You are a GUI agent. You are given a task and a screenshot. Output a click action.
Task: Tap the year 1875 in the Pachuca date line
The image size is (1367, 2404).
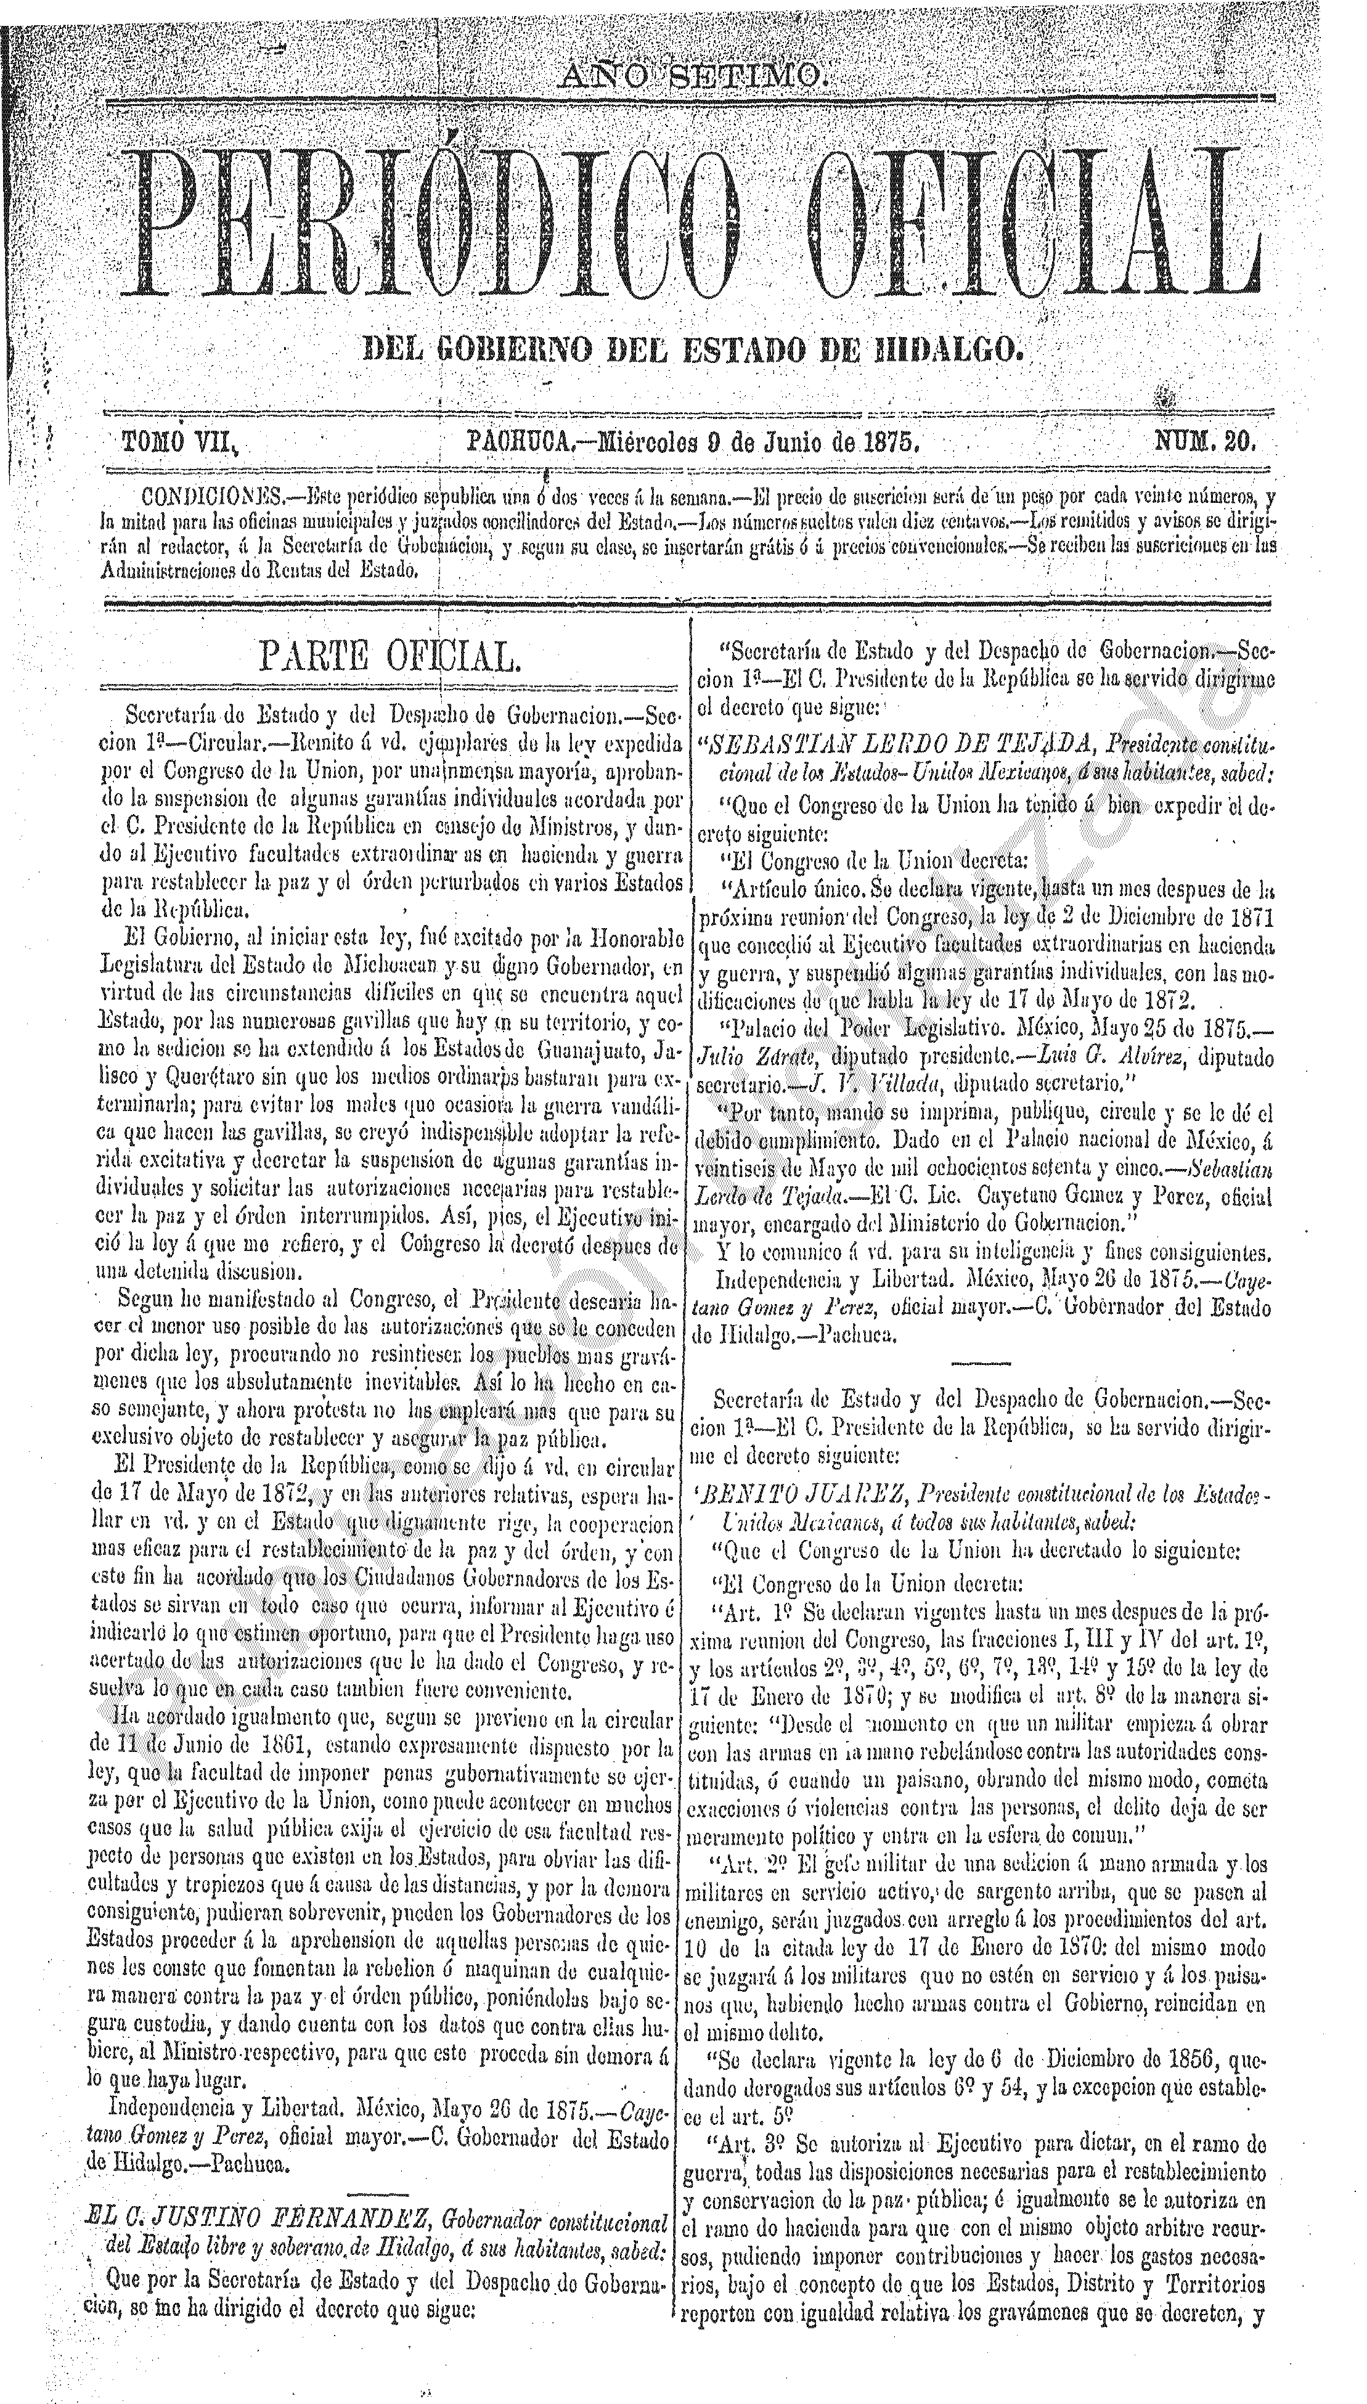click(x=890, y=441)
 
